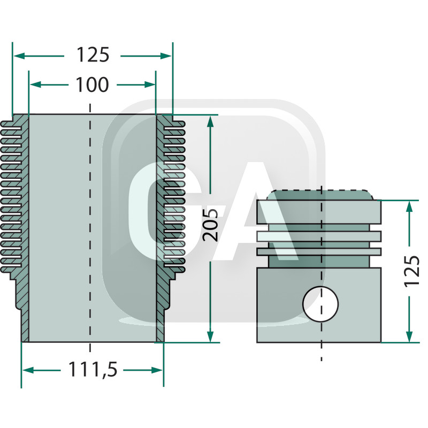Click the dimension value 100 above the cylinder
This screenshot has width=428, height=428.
pos(92,85)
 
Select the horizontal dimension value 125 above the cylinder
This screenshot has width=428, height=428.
pos(93,55)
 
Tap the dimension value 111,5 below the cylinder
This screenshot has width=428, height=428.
pos(93,369)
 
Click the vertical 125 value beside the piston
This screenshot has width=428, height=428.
pos(411,270)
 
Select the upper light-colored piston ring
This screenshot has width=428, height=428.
pos(319,235)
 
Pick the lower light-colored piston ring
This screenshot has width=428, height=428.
pos(319,251)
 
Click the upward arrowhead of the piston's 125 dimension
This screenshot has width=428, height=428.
pos(410,208)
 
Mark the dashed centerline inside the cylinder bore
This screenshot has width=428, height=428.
pos(90,225)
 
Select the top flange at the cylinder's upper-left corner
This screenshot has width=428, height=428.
pos(20,118)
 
